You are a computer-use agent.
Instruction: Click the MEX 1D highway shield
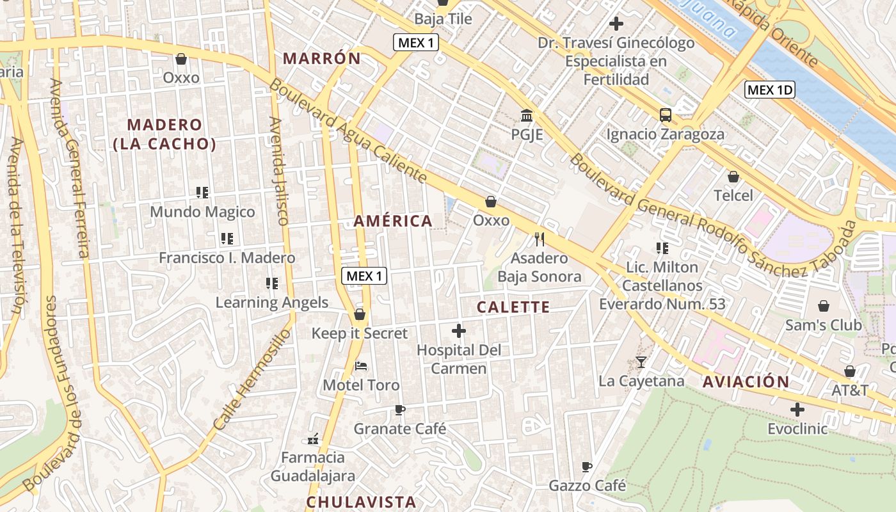(770, 90)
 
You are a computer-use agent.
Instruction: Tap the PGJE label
(527, 135)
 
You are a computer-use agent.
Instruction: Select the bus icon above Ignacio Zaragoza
(666, 115)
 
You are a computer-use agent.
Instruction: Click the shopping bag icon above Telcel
(733, 176)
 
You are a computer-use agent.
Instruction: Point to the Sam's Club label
(823, 325)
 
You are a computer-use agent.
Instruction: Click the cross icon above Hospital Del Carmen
(458, 331)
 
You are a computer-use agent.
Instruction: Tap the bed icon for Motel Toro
(361, 366)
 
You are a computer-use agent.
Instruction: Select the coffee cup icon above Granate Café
(400, 410)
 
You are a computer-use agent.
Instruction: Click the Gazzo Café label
(587, 486)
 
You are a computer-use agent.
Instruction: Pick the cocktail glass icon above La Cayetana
(641, 362)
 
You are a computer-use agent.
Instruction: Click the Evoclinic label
(797, 428)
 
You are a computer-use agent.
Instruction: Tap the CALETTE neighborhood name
(513, 307)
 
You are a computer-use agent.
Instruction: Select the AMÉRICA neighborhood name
(393, 221)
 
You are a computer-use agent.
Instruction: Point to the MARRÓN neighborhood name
(322, 59)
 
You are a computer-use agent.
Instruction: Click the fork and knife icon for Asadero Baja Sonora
(540, 239)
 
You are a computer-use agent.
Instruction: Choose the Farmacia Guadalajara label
(313, 467)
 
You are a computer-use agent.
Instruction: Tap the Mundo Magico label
(202, 212)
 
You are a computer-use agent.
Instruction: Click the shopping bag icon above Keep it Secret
(360, 314)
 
